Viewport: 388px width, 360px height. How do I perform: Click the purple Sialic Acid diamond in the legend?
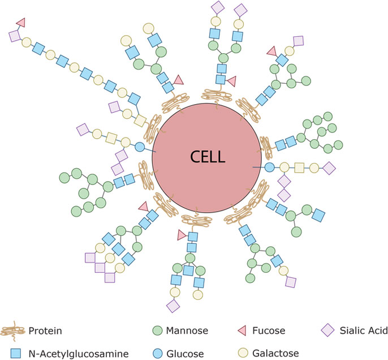tap(326, 329)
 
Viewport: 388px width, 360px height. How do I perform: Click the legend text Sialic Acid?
tap(357, 329)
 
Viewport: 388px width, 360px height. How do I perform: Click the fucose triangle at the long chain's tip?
tap(21, 22)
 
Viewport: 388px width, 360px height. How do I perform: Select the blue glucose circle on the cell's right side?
tap(269, 168)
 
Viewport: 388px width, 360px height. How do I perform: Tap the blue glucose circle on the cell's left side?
tap(140, 147)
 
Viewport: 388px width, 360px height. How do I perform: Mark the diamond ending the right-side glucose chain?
tap(329, 168)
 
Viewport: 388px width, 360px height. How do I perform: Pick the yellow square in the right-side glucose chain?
tap(299, 168)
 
